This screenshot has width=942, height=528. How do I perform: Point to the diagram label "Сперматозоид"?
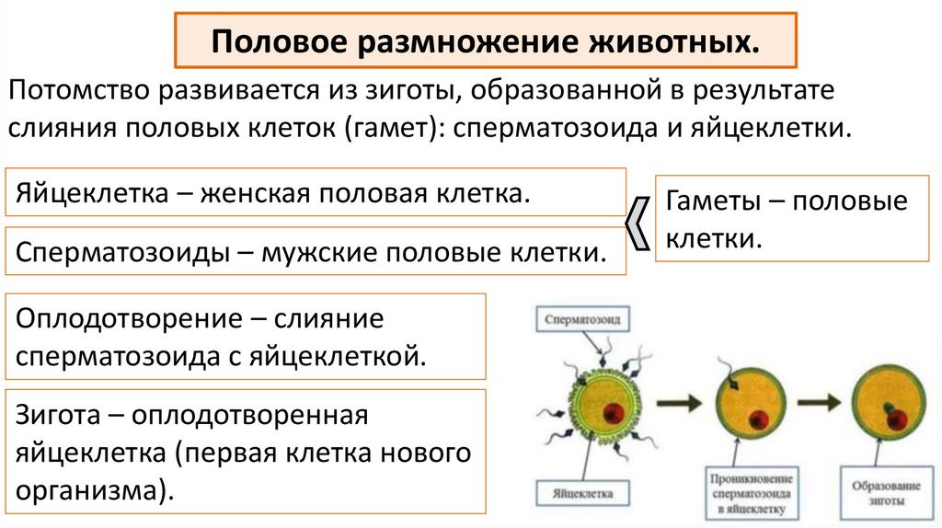coord(582,321)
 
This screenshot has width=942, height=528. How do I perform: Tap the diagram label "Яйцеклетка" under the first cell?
coord(582,492)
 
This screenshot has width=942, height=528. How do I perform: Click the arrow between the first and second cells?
coord(677,402)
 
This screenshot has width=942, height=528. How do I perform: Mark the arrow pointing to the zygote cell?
coord(819,402)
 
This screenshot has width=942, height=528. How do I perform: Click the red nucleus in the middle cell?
coord(757,419)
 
